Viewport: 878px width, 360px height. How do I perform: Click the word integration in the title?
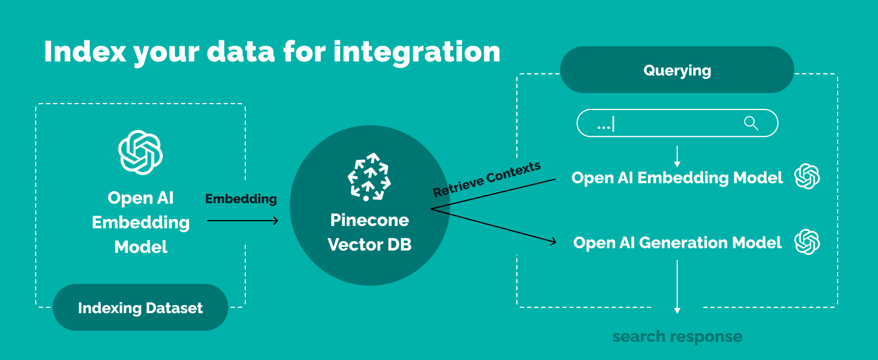click(x=417, y=52)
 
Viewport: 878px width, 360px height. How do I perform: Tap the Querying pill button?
click(x=677, y=70)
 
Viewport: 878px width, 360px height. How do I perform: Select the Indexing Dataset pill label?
click(x=140, y=308)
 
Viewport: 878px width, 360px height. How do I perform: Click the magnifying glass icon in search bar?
click(x=751, y=124)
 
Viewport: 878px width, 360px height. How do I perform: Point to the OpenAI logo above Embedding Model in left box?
click(x=140, y=152)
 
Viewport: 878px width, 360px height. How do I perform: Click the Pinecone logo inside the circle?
click(x=368, y=177)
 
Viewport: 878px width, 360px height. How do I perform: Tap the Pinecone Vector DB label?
click(x=369, y=232)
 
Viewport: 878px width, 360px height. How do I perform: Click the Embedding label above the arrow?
click(x=241, y=199)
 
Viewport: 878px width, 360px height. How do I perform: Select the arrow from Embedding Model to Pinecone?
click(x=242, y=221)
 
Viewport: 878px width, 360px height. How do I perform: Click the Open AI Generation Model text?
click(x=677, y=243)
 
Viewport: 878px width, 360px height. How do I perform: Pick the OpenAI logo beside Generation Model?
click(x=807, y=242)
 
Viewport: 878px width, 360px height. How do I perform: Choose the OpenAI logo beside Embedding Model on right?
click(x=807, y=177)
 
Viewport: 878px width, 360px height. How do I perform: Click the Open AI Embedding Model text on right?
click(x=677, y=178)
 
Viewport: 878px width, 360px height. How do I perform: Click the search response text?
click(x=677, y=337)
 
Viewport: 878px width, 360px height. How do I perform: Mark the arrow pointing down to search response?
click(x=677, y=287)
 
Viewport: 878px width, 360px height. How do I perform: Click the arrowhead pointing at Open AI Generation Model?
click(x=551, y=241)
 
